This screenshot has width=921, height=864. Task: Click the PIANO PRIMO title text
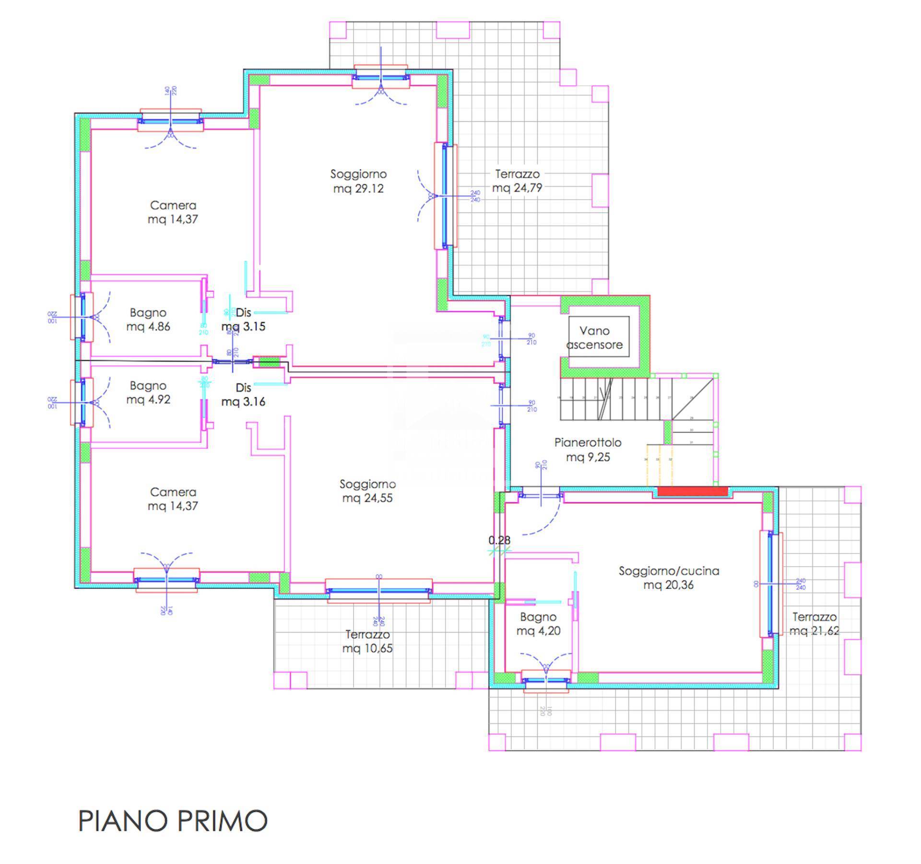[173, 821]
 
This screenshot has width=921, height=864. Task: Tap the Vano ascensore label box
[595, 338]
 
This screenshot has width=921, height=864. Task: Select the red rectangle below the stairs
[692, 491]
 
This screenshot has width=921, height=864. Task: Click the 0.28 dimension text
[499, 540]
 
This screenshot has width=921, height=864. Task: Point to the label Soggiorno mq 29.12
[358, 181]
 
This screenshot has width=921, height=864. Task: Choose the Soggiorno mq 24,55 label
[367, 491]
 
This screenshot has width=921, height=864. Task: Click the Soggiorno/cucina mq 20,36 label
[669, 578]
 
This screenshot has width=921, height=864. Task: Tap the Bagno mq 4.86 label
[148, 320]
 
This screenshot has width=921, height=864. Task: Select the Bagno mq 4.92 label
[148, 392]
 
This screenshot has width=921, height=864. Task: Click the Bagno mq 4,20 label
[538, 624]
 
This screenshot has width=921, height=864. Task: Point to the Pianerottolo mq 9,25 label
[588, 450]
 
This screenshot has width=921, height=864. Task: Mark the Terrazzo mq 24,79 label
[517, 181]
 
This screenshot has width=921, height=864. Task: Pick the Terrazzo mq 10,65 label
[367, 641]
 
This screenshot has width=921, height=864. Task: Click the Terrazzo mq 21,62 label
[814, 624]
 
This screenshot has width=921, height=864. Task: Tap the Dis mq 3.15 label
[243, 320]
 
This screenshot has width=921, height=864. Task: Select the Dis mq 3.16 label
[243, 394]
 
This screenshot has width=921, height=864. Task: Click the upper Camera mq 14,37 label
[173, 212]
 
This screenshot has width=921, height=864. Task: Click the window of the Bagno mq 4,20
[546, 680]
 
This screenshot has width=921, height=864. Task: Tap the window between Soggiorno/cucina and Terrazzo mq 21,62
[771, 584]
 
